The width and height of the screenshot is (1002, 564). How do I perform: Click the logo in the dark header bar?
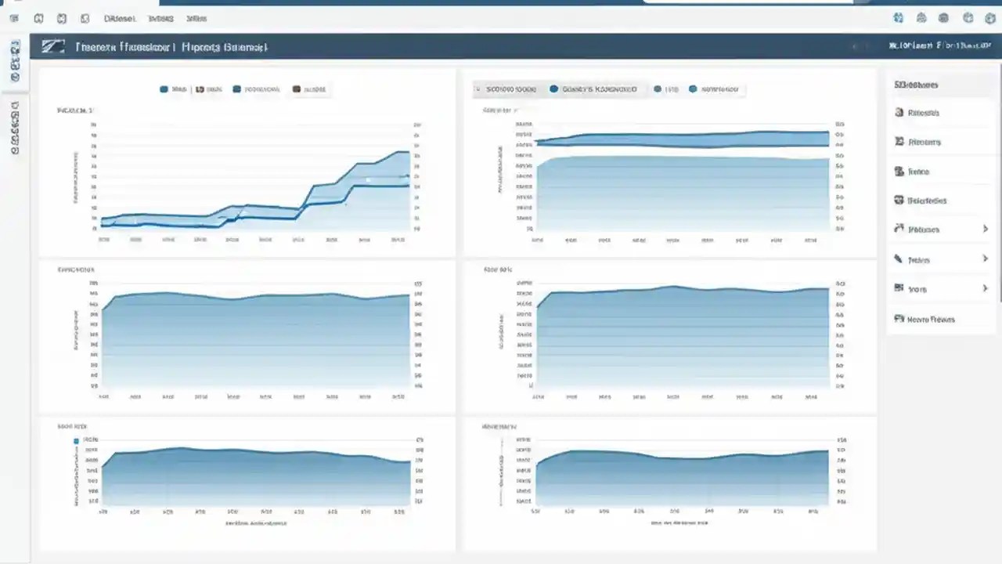tap(52, 47)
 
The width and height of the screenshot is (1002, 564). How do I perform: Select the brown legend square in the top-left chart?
tap(297, 90)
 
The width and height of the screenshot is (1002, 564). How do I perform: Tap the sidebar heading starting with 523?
tap(916, 85)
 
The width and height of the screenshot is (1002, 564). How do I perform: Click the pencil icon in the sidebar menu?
tap(899, 258)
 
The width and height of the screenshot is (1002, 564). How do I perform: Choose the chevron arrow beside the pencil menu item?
tap(985, 258)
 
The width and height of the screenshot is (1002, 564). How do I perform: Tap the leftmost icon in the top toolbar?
tap(14, 18)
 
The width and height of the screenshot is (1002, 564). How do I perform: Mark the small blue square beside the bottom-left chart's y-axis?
tap(77, 441)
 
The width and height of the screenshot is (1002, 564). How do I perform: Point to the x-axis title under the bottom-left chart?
tap(256, 522)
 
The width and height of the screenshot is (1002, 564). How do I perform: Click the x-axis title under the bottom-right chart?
tap(680, 522)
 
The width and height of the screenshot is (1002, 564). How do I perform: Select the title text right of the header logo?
tap(171, 47)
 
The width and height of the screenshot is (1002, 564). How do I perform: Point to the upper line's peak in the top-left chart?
tap(402, 152)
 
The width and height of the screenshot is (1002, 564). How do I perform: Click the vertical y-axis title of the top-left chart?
tap(76, 177)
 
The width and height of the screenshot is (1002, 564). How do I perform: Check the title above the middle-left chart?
tap(75, 269)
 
